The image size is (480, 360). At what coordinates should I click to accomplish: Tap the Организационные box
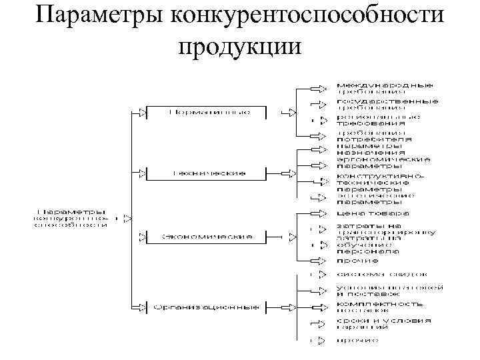(x=206, y=307)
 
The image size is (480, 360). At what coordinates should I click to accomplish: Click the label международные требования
(x=383, y=89)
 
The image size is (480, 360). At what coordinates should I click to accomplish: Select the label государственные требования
(x=386, y=104)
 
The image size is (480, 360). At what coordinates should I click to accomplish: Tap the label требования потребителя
(x=373, y=136)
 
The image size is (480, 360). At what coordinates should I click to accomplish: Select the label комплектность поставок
(x=379, y=307)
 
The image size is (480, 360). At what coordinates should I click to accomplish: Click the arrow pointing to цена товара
(x=322, y=214)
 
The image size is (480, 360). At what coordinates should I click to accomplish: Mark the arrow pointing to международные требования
(x=322, y=87)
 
